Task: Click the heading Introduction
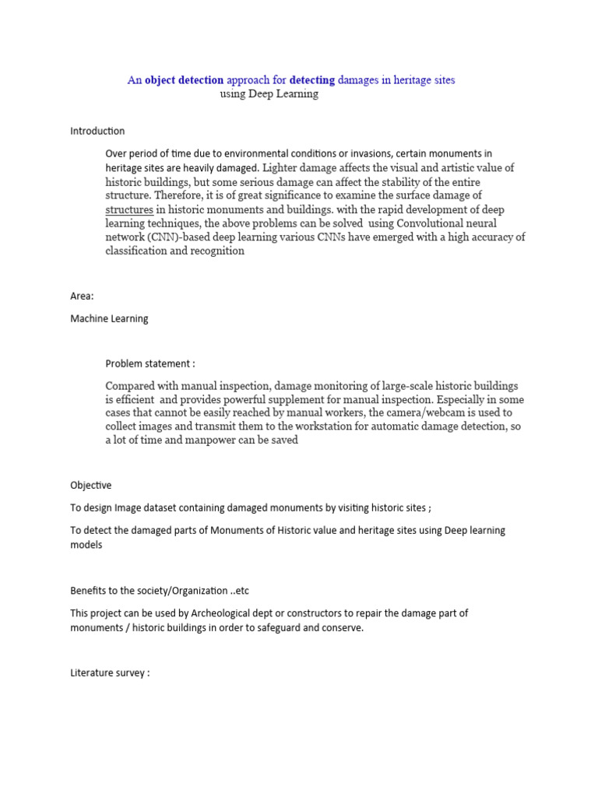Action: (x=97, y=131)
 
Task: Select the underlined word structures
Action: (x=129, y=209)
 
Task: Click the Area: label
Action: (x=82, y=296)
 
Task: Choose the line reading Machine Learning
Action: (x=109, y=318)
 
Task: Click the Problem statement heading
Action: (x=149, y=363)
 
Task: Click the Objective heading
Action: (x=91, y=485)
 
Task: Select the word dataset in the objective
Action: (x=203, y=508)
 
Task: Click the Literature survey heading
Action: (x=109, y=673)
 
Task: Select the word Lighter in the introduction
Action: (x=281, y=167)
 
